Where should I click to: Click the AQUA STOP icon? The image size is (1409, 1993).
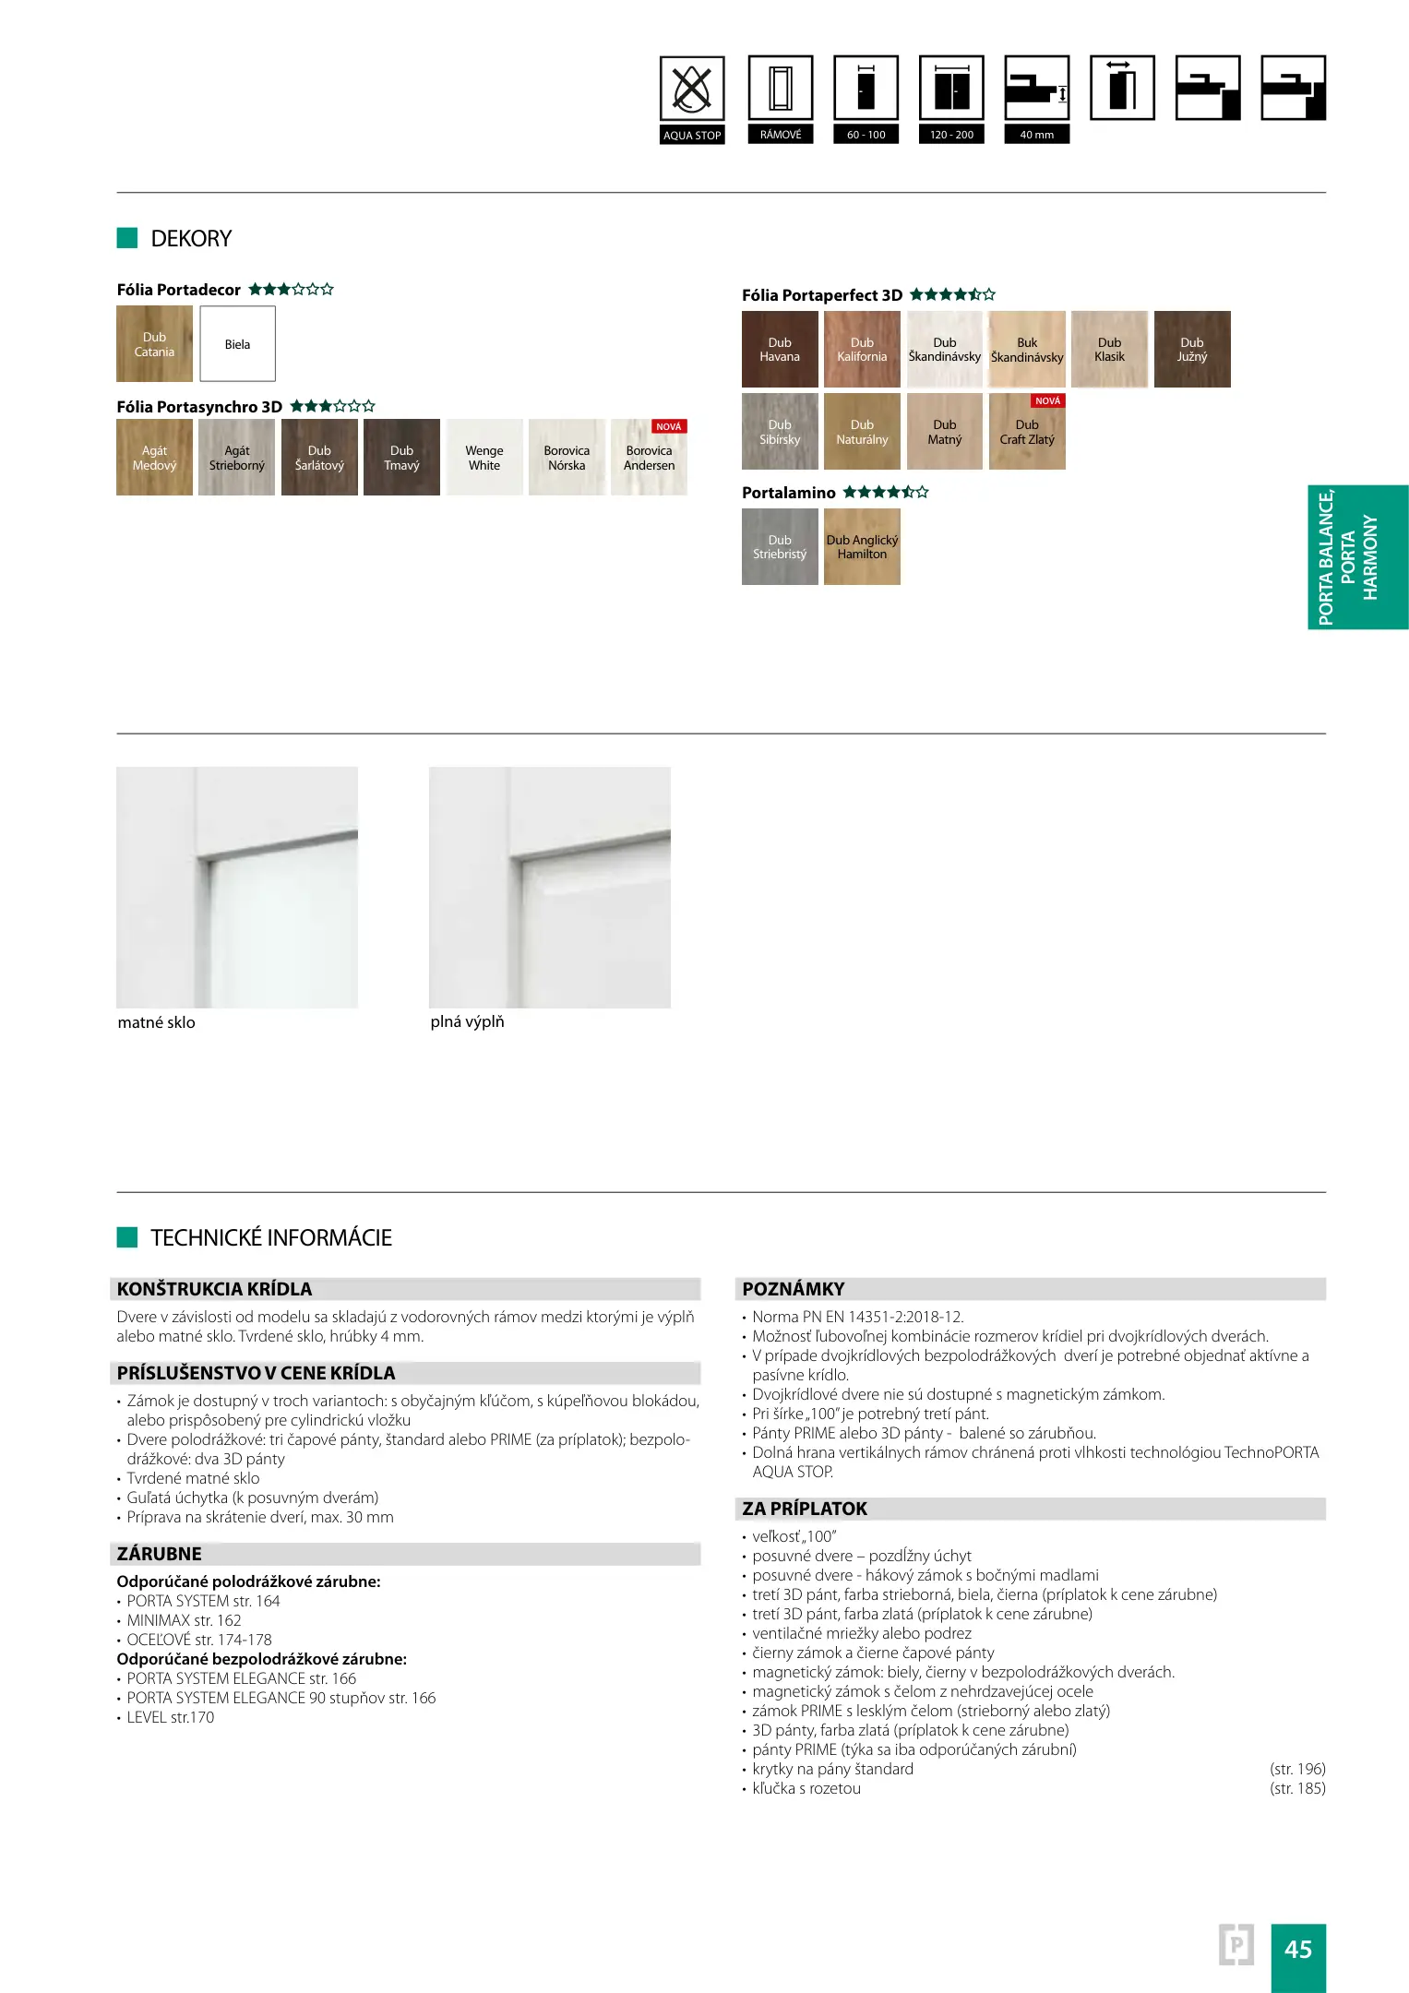pyautogui.click(x=692, y=90)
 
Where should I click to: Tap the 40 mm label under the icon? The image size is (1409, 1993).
pyautogui.click(x=1036, y=135)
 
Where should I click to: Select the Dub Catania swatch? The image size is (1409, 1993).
pyautogui.click(x=154, y=344)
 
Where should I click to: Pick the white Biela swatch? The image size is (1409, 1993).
pyautogui.click(x=237, y=344)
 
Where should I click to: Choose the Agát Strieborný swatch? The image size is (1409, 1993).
pyautogui.click(x=236, y=458)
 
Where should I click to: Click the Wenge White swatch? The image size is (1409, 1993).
pyautogui.click(x=484, y=458)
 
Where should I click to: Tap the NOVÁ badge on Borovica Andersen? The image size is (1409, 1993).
pyautogui.click(x=669, y=426)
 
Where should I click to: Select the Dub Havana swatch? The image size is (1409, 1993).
pyautogui.click(x=780, y=350)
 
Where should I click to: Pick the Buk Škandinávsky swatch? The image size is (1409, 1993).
pyautogui.click(x=1027, y=350)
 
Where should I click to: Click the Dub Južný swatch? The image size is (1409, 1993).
pyautogui.click(x=1192, y=350)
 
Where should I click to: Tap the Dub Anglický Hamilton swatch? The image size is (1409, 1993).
pyautogui.click(x=862, y=547)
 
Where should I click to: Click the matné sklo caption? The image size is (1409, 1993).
pyautogui.click(x=157, y=1022)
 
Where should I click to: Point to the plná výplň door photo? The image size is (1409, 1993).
pyautogui.click(x=550, y=887)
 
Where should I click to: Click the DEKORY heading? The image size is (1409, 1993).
pyautogui.click(x=191, y=239)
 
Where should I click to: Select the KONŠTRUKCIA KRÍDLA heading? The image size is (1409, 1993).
pyautogui.click(x=215, y=1289)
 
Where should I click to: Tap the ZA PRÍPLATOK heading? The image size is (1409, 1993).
pyautogui.click(x=805, y=1509)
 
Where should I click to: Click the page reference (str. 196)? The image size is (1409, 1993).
pyautogui.click(x=1297, y=1769)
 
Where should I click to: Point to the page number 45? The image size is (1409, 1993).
pyautogui.click(x=1297, y=1949)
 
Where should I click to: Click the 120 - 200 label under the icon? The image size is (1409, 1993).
pyautogui.click(x=951, y=135)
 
